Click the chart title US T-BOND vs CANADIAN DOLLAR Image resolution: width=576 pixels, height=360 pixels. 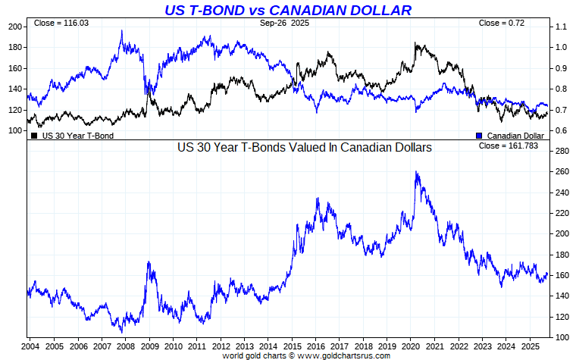coord(288,10)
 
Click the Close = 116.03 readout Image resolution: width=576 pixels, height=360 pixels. coord(61,23)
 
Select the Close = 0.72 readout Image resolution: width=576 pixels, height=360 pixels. coord(502,23)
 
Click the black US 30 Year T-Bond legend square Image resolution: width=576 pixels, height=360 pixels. coord(34,136)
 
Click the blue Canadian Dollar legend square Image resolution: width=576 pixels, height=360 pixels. coord(479,136)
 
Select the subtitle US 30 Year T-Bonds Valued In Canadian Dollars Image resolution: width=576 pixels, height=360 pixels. coord(304,148)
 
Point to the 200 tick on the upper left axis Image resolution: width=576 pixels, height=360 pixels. coord(14,27)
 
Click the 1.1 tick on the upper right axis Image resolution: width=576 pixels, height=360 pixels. coord(561,27)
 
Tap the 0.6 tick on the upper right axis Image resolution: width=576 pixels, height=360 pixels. coord(561,130)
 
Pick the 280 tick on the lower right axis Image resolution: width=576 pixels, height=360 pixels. coord(562,152)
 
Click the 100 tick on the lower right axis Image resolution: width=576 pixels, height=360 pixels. coord(562,337)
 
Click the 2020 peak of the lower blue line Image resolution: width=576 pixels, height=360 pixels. coord(417,172)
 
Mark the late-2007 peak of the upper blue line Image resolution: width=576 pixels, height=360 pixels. coord(122,32)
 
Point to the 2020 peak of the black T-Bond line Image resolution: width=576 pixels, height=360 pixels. coord(417,44)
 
